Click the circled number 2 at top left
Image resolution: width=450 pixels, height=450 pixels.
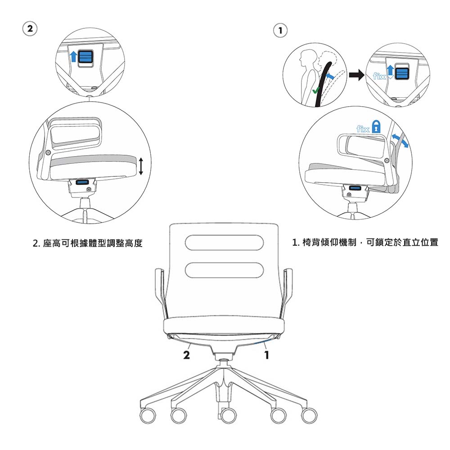tap(30, 29)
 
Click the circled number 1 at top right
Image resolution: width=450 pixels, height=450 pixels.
tap(280, 31)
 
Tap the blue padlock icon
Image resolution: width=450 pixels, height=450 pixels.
tap(376, 126)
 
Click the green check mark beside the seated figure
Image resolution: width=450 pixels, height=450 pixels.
tap(316, 91)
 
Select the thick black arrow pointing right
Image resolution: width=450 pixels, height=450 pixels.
tap(357, 75)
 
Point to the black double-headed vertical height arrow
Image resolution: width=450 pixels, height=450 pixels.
tap(140, 166)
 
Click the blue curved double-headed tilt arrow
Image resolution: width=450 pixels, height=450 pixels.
tap(400, 140)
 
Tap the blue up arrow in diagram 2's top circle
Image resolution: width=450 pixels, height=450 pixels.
tap(74, 56)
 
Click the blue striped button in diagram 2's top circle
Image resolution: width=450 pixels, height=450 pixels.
tap(85, 57)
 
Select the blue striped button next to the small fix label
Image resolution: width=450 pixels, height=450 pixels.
tap(402, 72)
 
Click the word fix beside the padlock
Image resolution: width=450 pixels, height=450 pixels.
tap(363, 129)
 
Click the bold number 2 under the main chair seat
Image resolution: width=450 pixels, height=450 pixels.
tap(187, 355)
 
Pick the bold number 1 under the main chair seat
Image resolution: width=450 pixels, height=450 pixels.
tap(267, 355)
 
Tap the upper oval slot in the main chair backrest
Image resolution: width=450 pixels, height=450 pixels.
tap(224, 243)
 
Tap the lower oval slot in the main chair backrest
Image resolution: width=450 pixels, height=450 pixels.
tap(224, 270)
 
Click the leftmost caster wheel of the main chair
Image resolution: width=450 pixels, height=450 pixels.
tap(148, 415)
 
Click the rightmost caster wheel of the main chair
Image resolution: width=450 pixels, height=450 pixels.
tap(309, 415)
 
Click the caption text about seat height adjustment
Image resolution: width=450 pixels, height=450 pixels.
tap(88, 243)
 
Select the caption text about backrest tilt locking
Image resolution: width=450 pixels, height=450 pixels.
tap(365, 243)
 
